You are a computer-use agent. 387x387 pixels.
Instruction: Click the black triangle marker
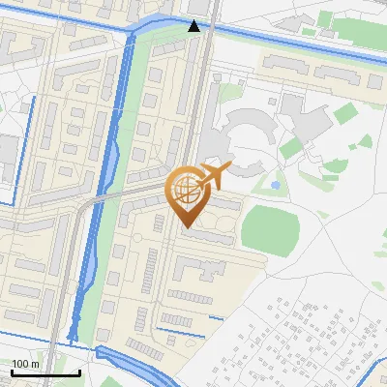[194, 26]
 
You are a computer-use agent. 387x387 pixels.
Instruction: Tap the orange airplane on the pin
[215, 176]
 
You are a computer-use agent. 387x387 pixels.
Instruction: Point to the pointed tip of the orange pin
[186, 226]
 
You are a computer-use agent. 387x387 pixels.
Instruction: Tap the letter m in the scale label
[37, 363]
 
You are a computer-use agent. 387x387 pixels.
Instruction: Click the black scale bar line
[45, 372]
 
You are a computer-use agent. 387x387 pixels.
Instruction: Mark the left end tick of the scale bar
[12, 371]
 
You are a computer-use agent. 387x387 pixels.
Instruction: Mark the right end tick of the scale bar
[79, 371]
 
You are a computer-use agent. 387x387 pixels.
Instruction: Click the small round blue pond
[276, 184]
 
